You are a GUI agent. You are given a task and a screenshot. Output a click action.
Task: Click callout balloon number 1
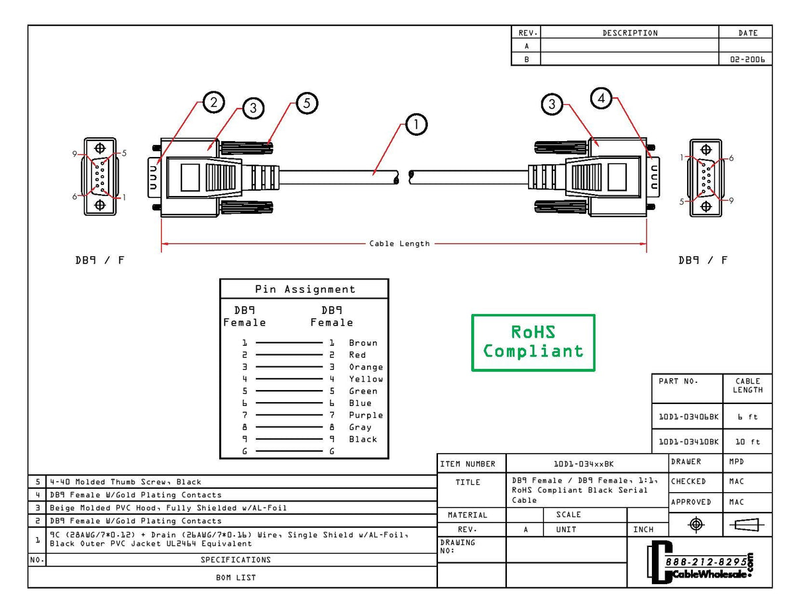pyautogui.click(x=415, y=125)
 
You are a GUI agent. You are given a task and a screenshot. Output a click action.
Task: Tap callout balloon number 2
pyautogui.click(x=213, y=102)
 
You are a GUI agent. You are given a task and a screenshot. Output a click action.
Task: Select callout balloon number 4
pyautogui.click(x=601, y=98)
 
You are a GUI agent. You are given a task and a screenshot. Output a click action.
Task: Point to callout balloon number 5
pyautogui.click(x=307, y=103)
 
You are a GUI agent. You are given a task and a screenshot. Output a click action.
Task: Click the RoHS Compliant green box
pyautogui.click(x=533, y=342)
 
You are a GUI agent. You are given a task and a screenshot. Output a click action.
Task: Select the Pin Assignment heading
pyautogui.click(x=305, y=289)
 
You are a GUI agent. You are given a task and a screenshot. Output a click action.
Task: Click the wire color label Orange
pyautogui.click(x=366, y=367)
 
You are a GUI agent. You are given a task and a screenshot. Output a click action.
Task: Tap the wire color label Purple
pyautogui.click(x=366, y=415)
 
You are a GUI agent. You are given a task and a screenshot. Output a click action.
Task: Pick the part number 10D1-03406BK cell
pyautogui.click(x=688, y=417)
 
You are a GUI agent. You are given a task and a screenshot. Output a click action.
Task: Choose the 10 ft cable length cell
pyautogui.click(x=747, y=442)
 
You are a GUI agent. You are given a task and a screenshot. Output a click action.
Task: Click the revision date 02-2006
pyautogui.click(x=747, y=59)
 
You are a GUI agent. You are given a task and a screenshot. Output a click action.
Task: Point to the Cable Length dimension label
pyautogui.click(x=399, y=244)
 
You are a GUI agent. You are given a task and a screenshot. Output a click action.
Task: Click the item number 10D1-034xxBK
pyautogui.click(x=583, y=464)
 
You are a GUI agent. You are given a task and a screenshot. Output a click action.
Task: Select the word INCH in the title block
pyautogui.click(x=643, y=529)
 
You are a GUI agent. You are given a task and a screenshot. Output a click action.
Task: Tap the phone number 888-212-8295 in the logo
pyautogui.click(x=706, y=562)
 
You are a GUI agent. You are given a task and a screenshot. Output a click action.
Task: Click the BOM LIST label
pyautogui.click(x=236, y=578)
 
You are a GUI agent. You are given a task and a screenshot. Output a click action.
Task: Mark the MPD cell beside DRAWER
pyautogui.click(x=736, y=462)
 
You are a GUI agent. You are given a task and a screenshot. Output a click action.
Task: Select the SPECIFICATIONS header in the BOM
pyautogui.click(x=236, y=560)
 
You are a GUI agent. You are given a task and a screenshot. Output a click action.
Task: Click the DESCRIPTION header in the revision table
pyautogui.click(x=629, y=33)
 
